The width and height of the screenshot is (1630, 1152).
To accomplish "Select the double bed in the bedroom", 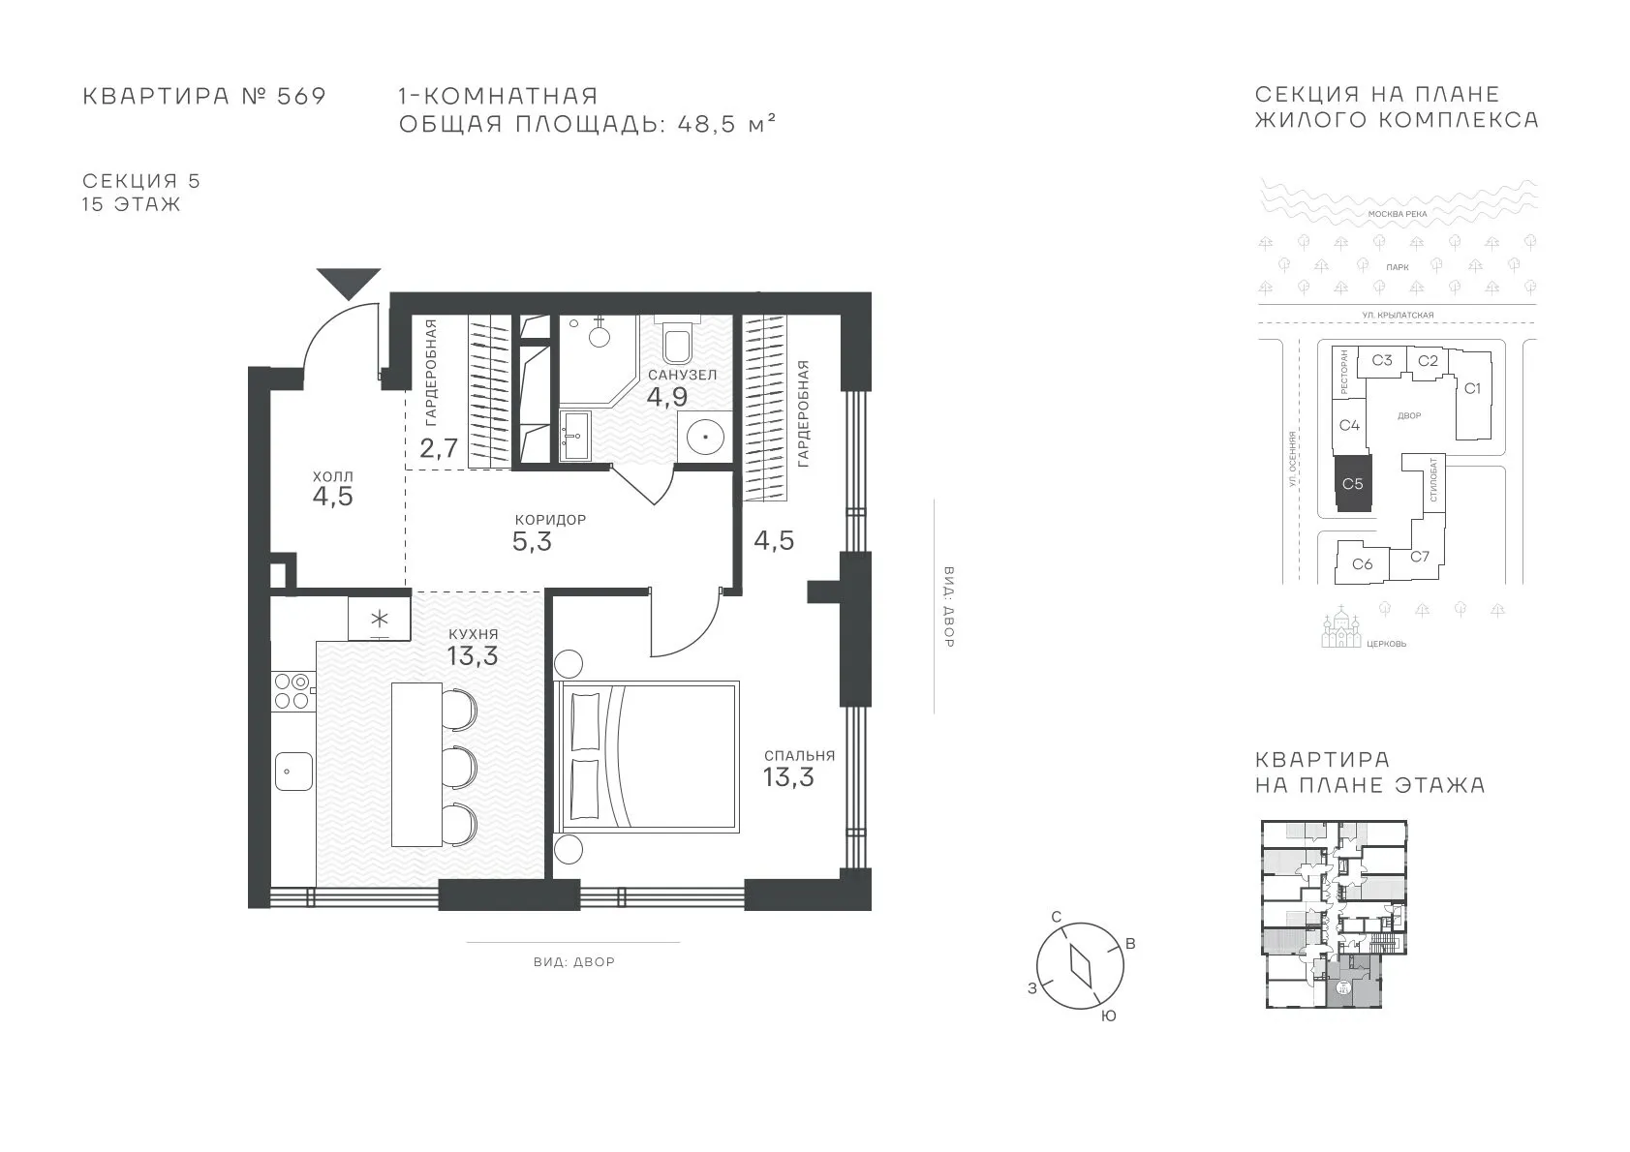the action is pyautogui.click(x=646, y=756).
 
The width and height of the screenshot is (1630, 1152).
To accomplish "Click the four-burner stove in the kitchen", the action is pyautogui.click(x=292, y=691).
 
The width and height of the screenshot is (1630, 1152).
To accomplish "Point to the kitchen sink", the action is pyautogui.click(x=293, y=771).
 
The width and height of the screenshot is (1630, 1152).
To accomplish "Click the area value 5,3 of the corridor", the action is pyautogui.click(x=532, y=542).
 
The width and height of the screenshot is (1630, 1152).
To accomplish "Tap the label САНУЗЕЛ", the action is pyautogui.click(x=683, y=375).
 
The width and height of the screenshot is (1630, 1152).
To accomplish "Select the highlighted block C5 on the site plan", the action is pyautogui.click(x=1353, y=484).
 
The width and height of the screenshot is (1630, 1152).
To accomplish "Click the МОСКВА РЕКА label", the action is pyautogui.click(x=1398, y=214).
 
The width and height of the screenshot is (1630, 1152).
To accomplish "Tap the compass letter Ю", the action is pyautogui.click(x=1108, y=1016).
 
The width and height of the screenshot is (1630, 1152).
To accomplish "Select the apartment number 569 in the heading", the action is pyautogui.click(x=301, y=96).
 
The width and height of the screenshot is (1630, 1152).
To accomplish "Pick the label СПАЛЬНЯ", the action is pyautogui.click(x=799, y=756).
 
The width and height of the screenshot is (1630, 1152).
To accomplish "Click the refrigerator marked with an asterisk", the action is pyautogui.click(x=379, y=619).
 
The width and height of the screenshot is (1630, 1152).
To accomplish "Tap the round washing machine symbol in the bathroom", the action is pyautogui.click(x=704, y=438).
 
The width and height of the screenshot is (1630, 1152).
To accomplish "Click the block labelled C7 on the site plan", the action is pyautogui.click(x=1420, y=556).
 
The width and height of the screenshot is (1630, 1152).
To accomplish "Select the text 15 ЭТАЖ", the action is pyautogui.click(x=131, y=203).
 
